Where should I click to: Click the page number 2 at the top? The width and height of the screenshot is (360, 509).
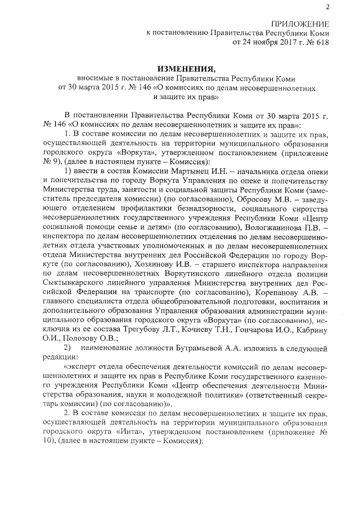[x=327, y=7]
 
